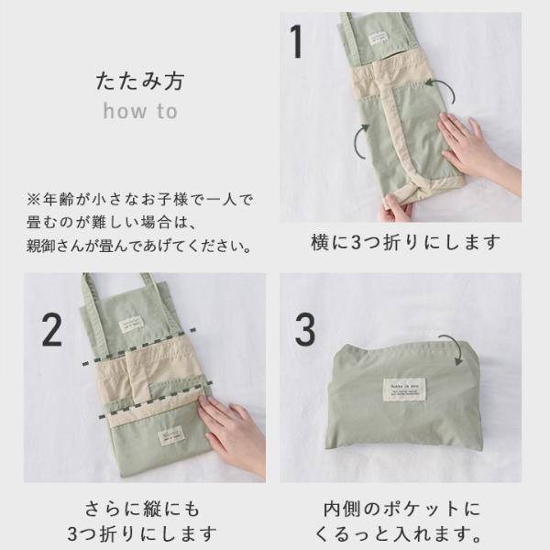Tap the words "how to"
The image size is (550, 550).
(x=139, y=112)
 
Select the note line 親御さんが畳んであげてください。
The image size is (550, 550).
(x=138, y=247)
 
